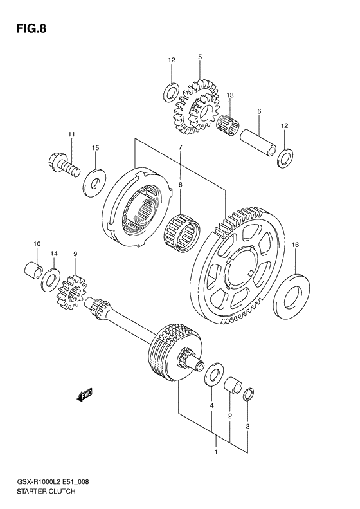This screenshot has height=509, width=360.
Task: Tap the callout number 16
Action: pyautogui.click(x=295, y=245)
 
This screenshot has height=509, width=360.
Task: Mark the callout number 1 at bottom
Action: pyautogui.click(x=216, y=452)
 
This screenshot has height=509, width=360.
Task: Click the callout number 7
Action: pyautogui.click(x=181, y=148)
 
